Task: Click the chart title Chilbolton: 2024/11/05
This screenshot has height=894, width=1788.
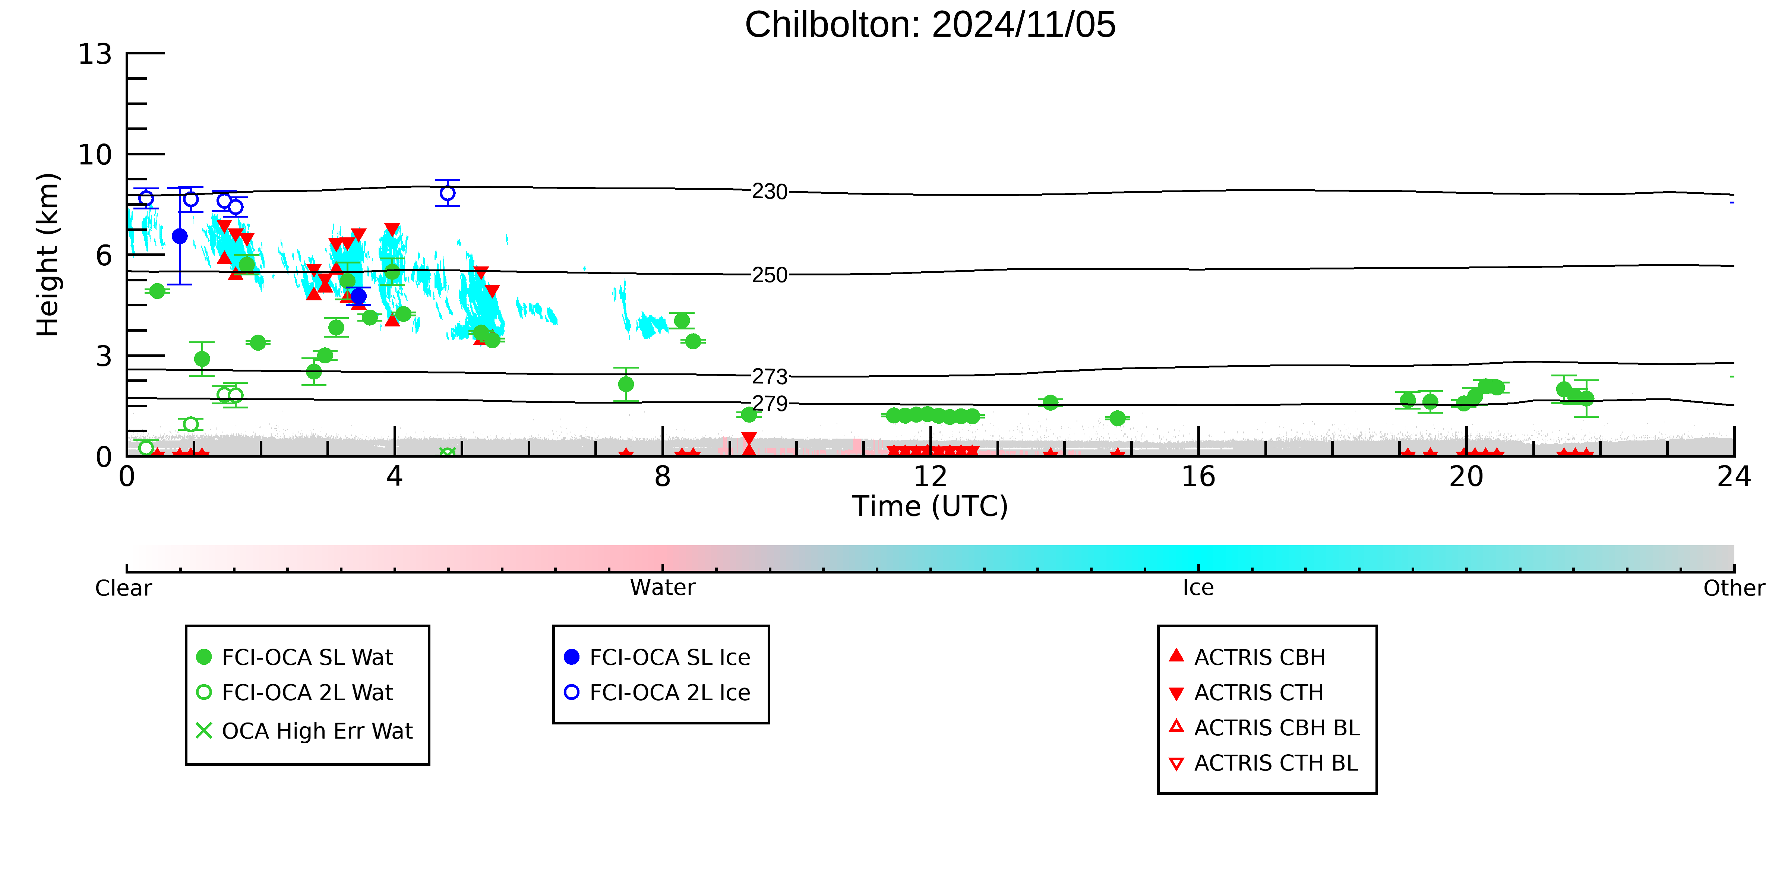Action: pos(930,25)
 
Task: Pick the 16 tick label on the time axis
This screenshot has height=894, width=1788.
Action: pos(1199,477)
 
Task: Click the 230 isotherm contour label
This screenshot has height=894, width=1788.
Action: pos(770,192)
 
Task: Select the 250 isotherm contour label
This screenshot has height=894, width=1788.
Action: pos(770,275)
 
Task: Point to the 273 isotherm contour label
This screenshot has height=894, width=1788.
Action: pos(770,376)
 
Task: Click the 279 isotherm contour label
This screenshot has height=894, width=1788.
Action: pos(770,403)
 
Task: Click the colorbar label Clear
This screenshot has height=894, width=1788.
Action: pos(124,588)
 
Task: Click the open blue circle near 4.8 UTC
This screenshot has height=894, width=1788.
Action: pos(448,193)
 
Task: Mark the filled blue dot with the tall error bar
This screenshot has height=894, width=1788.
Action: pos(180,236)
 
